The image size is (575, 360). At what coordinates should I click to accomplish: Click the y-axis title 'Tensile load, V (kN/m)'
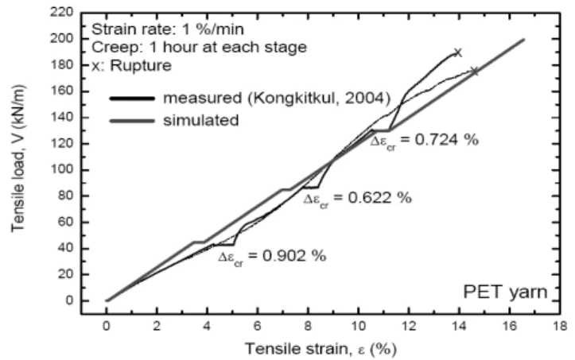tap(18, 159)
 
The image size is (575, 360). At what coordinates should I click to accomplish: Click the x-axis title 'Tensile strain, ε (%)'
tap(321, 349)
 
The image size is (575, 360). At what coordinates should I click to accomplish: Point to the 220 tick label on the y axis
tap(61, 13)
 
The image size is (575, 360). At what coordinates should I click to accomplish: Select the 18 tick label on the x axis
tap(560, 326)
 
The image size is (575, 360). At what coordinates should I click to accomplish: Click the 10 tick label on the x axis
tap(359, 326)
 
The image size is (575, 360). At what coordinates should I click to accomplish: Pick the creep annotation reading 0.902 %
tap(272, 256)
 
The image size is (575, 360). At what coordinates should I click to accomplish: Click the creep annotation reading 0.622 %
tap(358, 199)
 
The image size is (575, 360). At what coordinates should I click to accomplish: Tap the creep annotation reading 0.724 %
tap(424, 141)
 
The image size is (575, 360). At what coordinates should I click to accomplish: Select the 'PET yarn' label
tap(505, 292)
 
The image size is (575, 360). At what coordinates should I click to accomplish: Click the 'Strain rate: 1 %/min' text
tap(168, 29)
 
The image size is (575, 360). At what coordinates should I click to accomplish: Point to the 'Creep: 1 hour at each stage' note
tap(199, 48)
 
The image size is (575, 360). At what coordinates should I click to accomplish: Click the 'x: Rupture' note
tap(132, 66)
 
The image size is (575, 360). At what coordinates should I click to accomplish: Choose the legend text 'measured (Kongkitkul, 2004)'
tap(277, 99)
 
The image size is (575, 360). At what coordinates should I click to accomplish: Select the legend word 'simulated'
tap(201, 120)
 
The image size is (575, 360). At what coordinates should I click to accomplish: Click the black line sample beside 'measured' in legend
tap(132, 99)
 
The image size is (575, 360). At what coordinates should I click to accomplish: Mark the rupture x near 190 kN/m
tap(457, 52)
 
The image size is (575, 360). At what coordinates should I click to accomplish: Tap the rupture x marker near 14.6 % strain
tap(474, 71)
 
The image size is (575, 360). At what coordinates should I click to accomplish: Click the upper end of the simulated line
tap(524, 39)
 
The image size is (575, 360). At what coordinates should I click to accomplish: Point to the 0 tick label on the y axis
tap(69, 300)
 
